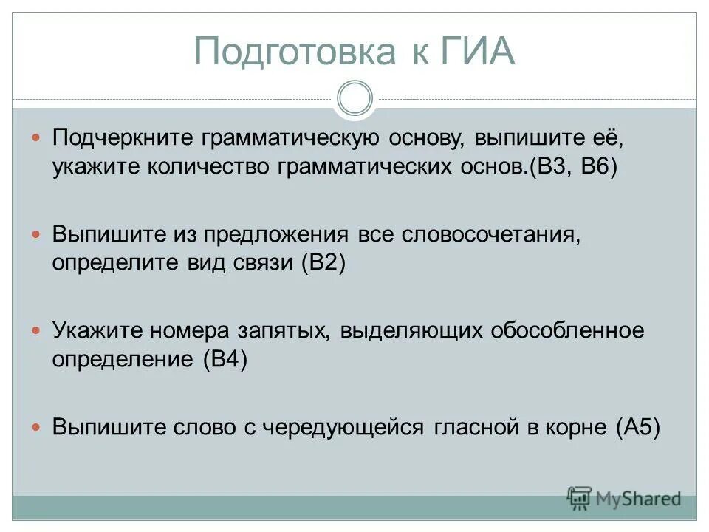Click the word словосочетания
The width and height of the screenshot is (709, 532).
488,235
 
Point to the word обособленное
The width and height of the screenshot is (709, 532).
567,330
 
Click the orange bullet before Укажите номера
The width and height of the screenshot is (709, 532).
37,331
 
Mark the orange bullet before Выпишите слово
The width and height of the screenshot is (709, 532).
37,428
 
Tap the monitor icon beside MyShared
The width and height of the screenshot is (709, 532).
580,497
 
